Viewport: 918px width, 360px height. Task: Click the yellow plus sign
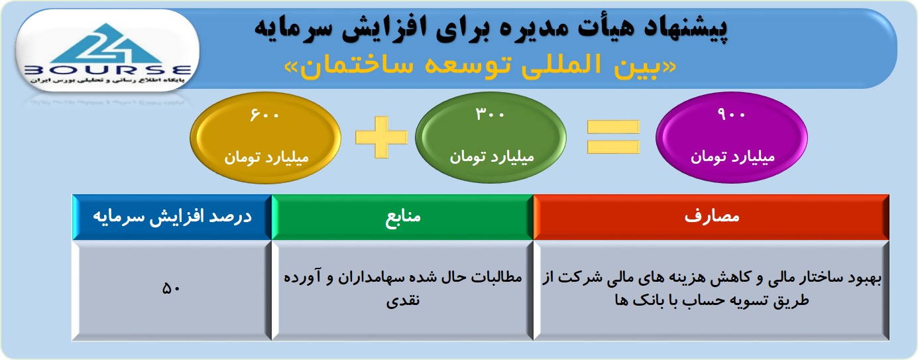tap(382, 137)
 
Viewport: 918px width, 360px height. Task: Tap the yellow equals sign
tap(613, 137)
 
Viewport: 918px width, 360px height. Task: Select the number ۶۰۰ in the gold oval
tap(264, 115)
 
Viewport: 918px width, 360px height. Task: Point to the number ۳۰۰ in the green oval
tap(490, 114)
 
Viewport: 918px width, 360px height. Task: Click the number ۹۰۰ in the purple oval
tap(731, 114)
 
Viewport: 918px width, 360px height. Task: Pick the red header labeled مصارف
tap(711, 217)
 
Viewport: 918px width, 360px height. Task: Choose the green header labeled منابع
tap(402, 217)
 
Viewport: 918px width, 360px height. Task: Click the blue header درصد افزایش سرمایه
tap(172, 217)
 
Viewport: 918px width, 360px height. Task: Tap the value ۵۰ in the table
tap(171, 288)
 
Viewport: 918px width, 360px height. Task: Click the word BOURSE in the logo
tap(108, 70)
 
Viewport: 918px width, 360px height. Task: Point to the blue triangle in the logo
tap(107, 43)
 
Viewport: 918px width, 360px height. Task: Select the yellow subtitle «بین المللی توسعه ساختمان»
tap(481, 66)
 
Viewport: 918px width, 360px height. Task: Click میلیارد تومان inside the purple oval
tap(733, 156)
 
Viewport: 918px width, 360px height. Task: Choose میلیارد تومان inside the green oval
tap(492, 156)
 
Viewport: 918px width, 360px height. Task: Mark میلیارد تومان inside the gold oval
tap(266, 157)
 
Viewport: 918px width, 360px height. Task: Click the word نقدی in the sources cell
tap(403, 301)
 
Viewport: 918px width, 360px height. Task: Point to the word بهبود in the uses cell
tap(864, 278)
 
